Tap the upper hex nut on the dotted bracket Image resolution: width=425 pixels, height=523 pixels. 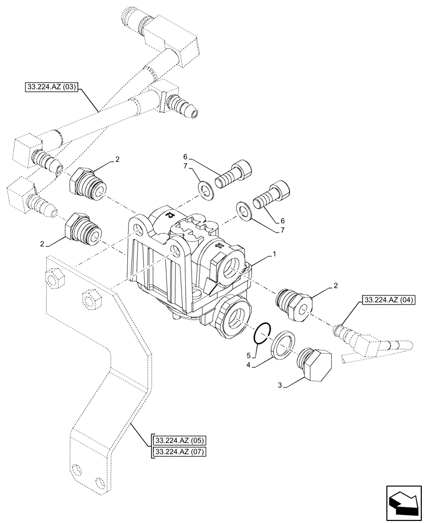[x=53, y=279]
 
